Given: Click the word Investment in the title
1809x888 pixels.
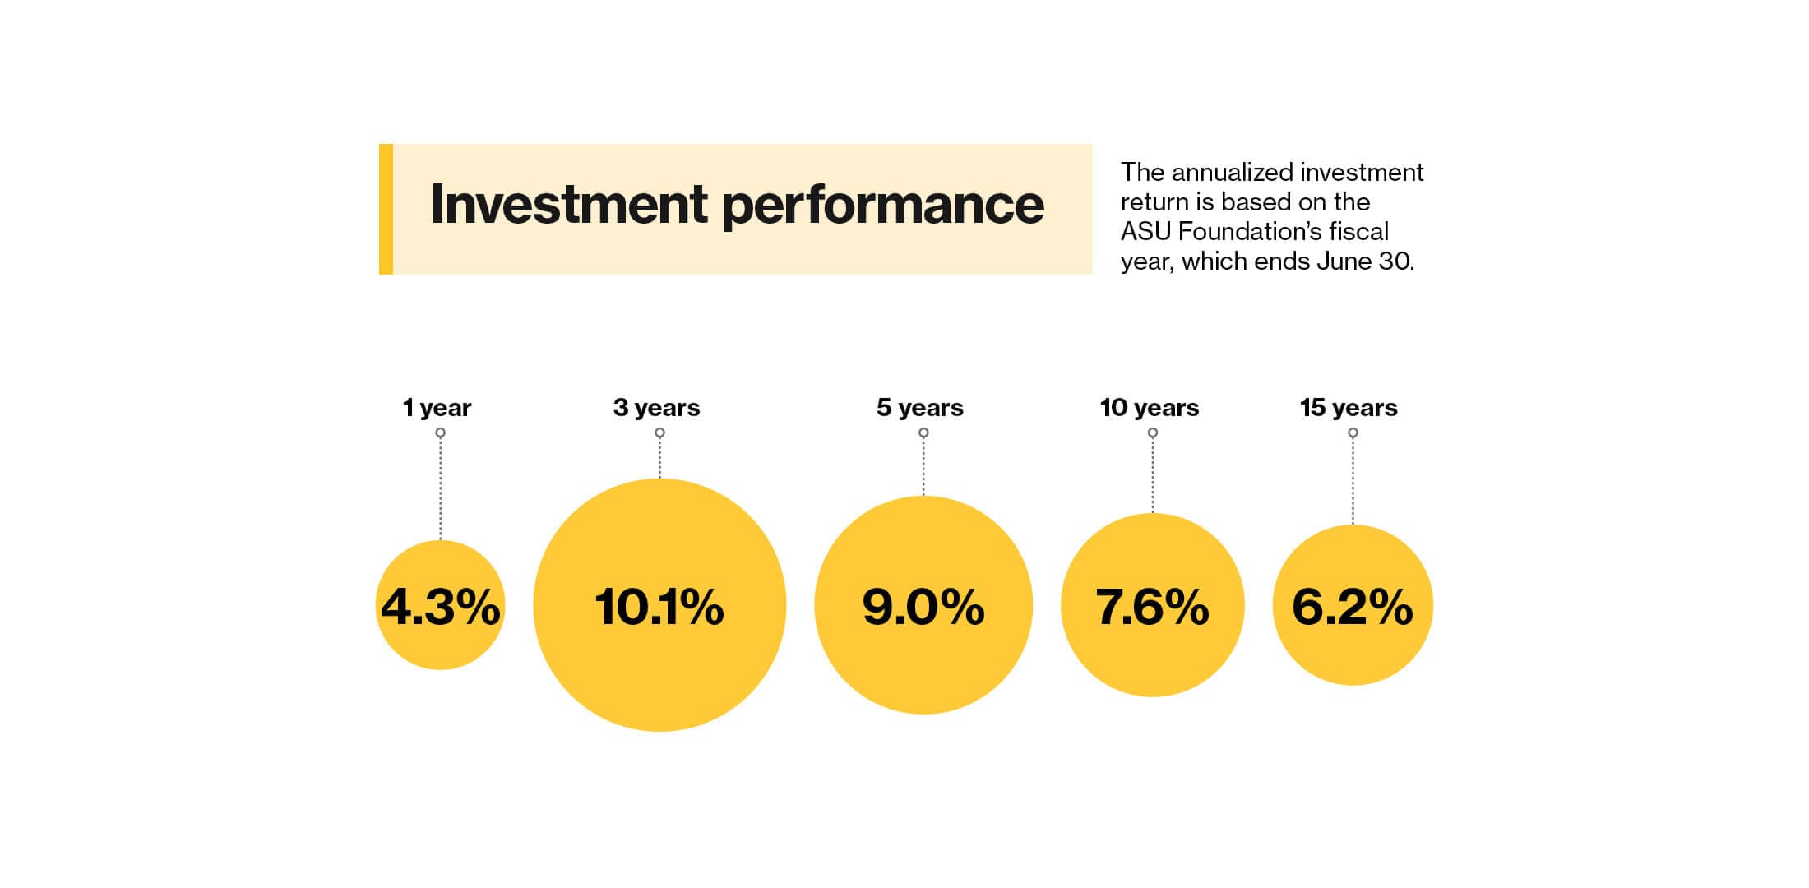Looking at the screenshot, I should point(568,204).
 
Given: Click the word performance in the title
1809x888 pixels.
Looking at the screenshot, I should point(882,206).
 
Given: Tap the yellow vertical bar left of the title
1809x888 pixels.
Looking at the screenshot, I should point(386,209).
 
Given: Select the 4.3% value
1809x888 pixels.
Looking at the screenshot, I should point(440,608).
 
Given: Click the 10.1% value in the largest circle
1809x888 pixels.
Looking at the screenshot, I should point(659,608).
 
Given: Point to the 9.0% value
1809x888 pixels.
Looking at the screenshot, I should point(923,608).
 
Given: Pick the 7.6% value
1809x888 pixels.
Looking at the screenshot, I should point(1152,608).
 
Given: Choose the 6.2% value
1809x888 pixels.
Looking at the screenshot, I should point(1352,608).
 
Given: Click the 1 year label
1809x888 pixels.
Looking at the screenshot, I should point(437,408).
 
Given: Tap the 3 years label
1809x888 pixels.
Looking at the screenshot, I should point(656,408).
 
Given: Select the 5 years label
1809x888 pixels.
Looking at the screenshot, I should point(919,408).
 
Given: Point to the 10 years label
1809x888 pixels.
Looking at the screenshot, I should point(1150,408).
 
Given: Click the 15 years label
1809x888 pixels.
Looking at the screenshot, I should point(1349,408).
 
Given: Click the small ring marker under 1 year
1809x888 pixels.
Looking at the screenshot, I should point(441,432).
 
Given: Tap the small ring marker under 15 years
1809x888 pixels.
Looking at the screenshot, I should point(1353,432).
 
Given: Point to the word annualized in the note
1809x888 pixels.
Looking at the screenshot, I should point(1235,173).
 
